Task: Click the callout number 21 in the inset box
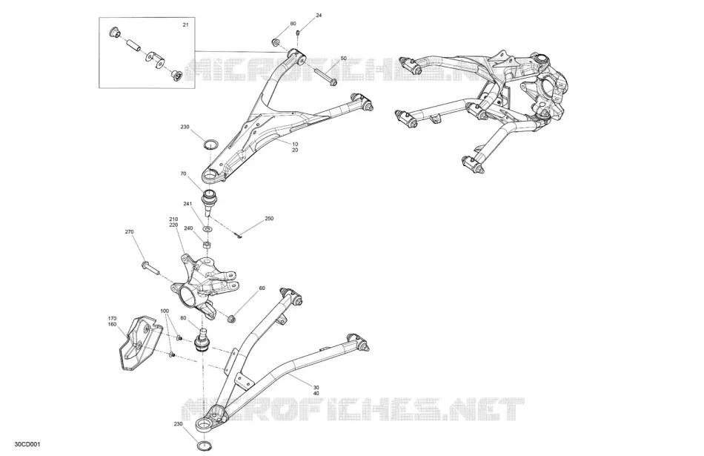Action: tap(185, 24)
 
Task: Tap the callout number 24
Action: tap(319, 16)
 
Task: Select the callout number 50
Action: tap(343, 59)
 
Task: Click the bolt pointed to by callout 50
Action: tap(324, 76)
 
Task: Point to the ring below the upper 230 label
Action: tap(210, 144)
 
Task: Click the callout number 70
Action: tap(183, 174)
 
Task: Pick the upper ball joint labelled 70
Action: tap(210, 202)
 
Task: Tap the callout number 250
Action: tap(269, 219)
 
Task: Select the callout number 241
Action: tap(187, 204)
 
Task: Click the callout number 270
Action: tap(129, 232)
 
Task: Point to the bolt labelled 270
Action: tap(150, 268)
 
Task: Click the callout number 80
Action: tap(183, 318)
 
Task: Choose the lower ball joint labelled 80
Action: tap(202, 340)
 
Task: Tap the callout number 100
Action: tap(165, 311)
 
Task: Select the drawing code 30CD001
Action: tap(27, 445)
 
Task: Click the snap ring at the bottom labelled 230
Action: tap(205, 446)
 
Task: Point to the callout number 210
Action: tap(173, 219)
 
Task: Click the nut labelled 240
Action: tap(207, 245)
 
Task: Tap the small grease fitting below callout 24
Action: tap(299, 33)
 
